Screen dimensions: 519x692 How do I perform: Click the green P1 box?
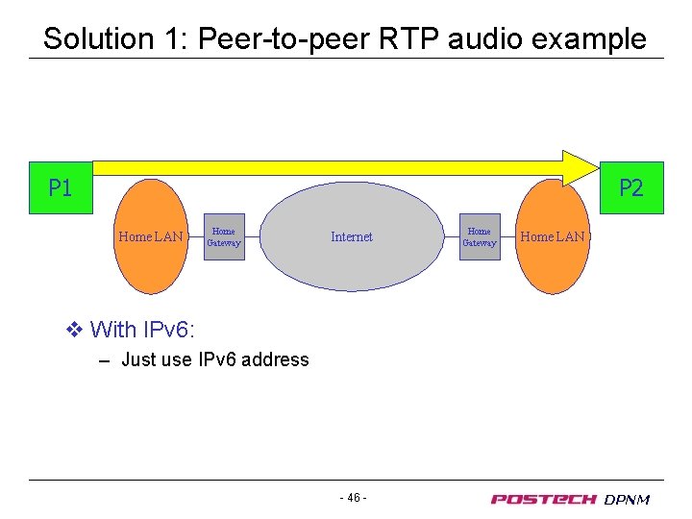(60, 187)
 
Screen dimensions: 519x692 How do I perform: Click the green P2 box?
(630, 187)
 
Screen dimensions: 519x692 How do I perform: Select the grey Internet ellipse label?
(352, 236)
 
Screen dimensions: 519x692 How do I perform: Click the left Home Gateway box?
(224, 236)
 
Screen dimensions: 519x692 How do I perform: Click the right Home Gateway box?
(479, 236)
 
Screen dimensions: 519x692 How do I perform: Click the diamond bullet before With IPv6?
(75, 331)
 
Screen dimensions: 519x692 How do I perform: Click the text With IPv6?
(142, 331)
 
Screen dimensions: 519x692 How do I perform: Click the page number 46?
(353, 498)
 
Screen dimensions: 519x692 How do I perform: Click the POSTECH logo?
(543, 499)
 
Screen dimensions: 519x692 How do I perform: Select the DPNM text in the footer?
(627, 499)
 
